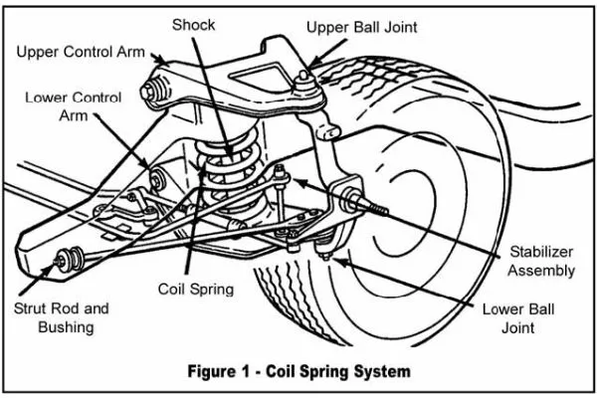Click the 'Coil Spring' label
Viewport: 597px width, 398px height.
[x=196, y=290]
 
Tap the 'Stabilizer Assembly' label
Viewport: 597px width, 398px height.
[x=540, y=261]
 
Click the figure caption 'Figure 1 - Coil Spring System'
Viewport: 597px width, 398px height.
[x=298, y=372]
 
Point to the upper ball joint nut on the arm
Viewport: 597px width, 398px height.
[x=303, y=77]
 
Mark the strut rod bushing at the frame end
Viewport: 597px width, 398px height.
[x=67, y=260]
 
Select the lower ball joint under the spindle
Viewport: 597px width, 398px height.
[x=326, y=249]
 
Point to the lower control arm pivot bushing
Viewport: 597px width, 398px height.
[x=158, y=180]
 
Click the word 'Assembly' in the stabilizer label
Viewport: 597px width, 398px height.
[x=540, y=271]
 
